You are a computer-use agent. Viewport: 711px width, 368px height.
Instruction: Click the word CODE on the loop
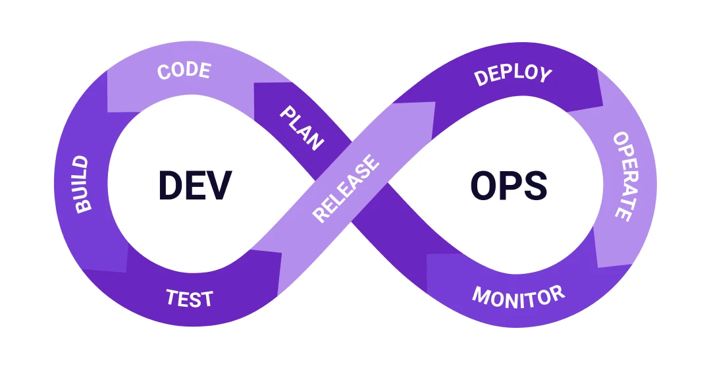[x=184, y=70]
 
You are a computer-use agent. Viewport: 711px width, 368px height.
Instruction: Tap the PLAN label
[x=302, y=128]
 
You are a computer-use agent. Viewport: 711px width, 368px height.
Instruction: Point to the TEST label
[x=190, y=299]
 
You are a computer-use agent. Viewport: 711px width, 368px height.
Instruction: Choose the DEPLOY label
[x=513, y=74]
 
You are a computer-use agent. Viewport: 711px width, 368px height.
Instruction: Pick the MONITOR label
[x=518, y=296]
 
